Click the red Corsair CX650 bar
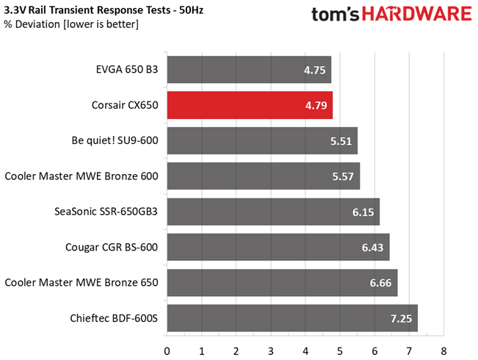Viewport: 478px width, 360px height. coord(250,105)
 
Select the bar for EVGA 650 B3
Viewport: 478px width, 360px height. coord(249,70)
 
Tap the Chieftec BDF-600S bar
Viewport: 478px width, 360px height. coord(292,318)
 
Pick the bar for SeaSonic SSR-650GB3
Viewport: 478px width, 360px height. coord(273,212)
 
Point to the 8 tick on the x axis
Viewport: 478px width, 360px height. coord(443,350)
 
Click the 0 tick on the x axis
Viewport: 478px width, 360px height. coord(167,350)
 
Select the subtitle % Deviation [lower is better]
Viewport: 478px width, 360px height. coord(70,25)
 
